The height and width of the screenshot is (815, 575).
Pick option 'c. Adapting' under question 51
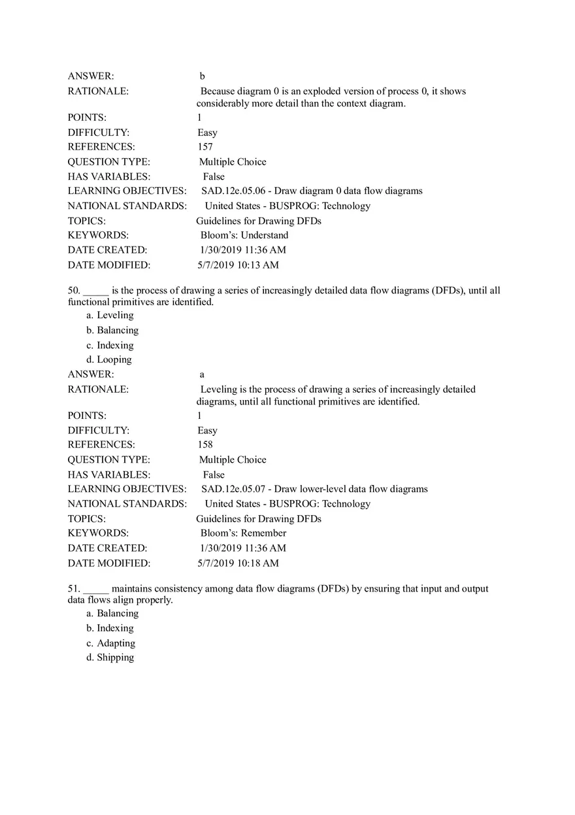coord(110,643)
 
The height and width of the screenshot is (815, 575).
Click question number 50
coord(73,290)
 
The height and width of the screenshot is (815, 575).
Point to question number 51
coord(73,588)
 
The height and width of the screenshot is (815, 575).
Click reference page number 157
coord(205,147)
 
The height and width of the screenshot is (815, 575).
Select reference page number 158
coord(205,444)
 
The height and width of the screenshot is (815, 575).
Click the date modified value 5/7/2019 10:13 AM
coord(238,265)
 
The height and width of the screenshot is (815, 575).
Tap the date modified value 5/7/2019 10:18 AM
coord(238,563)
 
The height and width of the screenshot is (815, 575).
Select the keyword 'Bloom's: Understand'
coord(244,235)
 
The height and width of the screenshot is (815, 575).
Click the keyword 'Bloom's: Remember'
coord(243,533)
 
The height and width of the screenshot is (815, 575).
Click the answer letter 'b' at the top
coord(203,76)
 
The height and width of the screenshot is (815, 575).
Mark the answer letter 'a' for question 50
coord(202,374)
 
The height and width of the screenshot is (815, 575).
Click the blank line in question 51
coord(95,590)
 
